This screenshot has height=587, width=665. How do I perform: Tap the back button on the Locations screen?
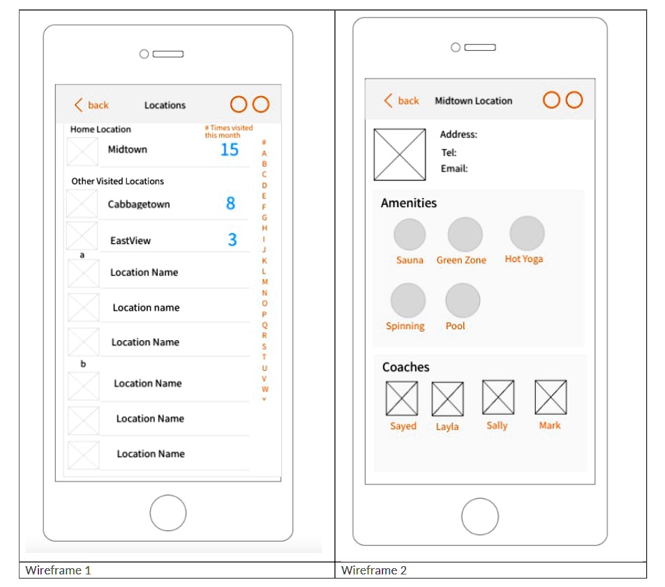[x=91, y=105]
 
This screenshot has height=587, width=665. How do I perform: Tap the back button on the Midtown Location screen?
[x=401, y=101]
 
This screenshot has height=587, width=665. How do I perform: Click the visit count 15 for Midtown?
[x=229, y=150]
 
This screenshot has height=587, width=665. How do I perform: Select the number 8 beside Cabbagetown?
[x=230, y=204]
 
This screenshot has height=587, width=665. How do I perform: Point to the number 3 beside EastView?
[x=232, y=240]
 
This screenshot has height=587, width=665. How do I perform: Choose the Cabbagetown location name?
[x=139, y=204]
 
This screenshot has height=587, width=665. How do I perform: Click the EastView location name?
[x=130, y=241]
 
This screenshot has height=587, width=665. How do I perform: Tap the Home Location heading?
[x=100, y=130]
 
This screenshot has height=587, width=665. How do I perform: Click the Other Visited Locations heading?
[x=117, y=181]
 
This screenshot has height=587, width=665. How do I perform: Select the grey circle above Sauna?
[x=410, y=234]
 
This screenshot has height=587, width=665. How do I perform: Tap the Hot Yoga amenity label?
[x=523, y=259]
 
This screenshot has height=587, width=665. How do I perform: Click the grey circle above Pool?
[x=463, y=300]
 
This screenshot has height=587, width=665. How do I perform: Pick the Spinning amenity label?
[x=405, y=326]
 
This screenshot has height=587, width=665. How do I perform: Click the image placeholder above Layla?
[x=447, y=399]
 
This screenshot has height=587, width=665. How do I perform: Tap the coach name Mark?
[x=549, y=425]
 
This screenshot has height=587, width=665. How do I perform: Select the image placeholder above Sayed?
[x=403, y=398]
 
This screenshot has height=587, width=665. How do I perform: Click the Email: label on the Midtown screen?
[x=454, y=169]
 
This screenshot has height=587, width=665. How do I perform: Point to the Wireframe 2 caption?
[x=374, y=570]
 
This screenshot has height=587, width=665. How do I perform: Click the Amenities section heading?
[x=409, y=204]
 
